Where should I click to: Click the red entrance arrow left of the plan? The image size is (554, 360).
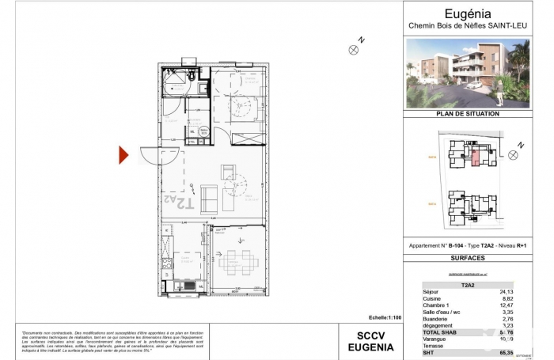click(x=123, y=155)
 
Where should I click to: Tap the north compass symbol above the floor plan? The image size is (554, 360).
click(x=353, y=49)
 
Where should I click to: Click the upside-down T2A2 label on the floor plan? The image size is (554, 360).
click(x=180, y=202)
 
